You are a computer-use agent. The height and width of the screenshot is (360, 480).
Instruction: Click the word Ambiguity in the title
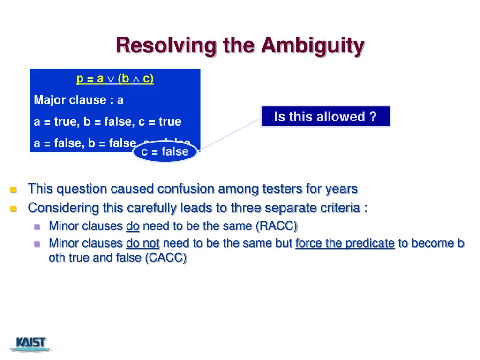click(313, 46)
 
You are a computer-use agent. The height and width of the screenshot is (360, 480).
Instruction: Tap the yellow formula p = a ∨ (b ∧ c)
click(115, 79)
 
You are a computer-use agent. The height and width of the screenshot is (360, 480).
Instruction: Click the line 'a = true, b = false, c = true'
click(107, 121)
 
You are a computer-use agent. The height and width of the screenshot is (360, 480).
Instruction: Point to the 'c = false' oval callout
click(165, 151)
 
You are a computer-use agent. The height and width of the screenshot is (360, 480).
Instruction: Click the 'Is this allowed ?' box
click(325, 117)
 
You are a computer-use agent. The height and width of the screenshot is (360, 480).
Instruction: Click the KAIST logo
click(31, 343)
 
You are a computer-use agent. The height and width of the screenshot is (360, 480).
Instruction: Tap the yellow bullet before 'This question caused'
click(14, 190)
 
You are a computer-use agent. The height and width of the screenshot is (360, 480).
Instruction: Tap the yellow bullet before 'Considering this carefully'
click(14, 209)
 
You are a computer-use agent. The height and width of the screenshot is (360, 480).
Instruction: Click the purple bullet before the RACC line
click(37, 227)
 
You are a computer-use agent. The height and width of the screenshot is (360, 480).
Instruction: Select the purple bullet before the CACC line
click(37, 244)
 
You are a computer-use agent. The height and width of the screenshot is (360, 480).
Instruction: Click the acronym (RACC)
click(277, 226)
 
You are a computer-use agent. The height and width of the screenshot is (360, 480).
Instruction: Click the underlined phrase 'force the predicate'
click(345, 243)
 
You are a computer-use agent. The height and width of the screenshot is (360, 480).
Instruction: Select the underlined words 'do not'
click(143, 243)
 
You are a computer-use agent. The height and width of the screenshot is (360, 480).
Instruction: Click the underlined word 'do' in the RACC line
click(133, 226)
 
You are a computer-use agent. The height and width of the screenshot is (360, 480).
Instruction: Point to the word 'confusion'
click(186, 189)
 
